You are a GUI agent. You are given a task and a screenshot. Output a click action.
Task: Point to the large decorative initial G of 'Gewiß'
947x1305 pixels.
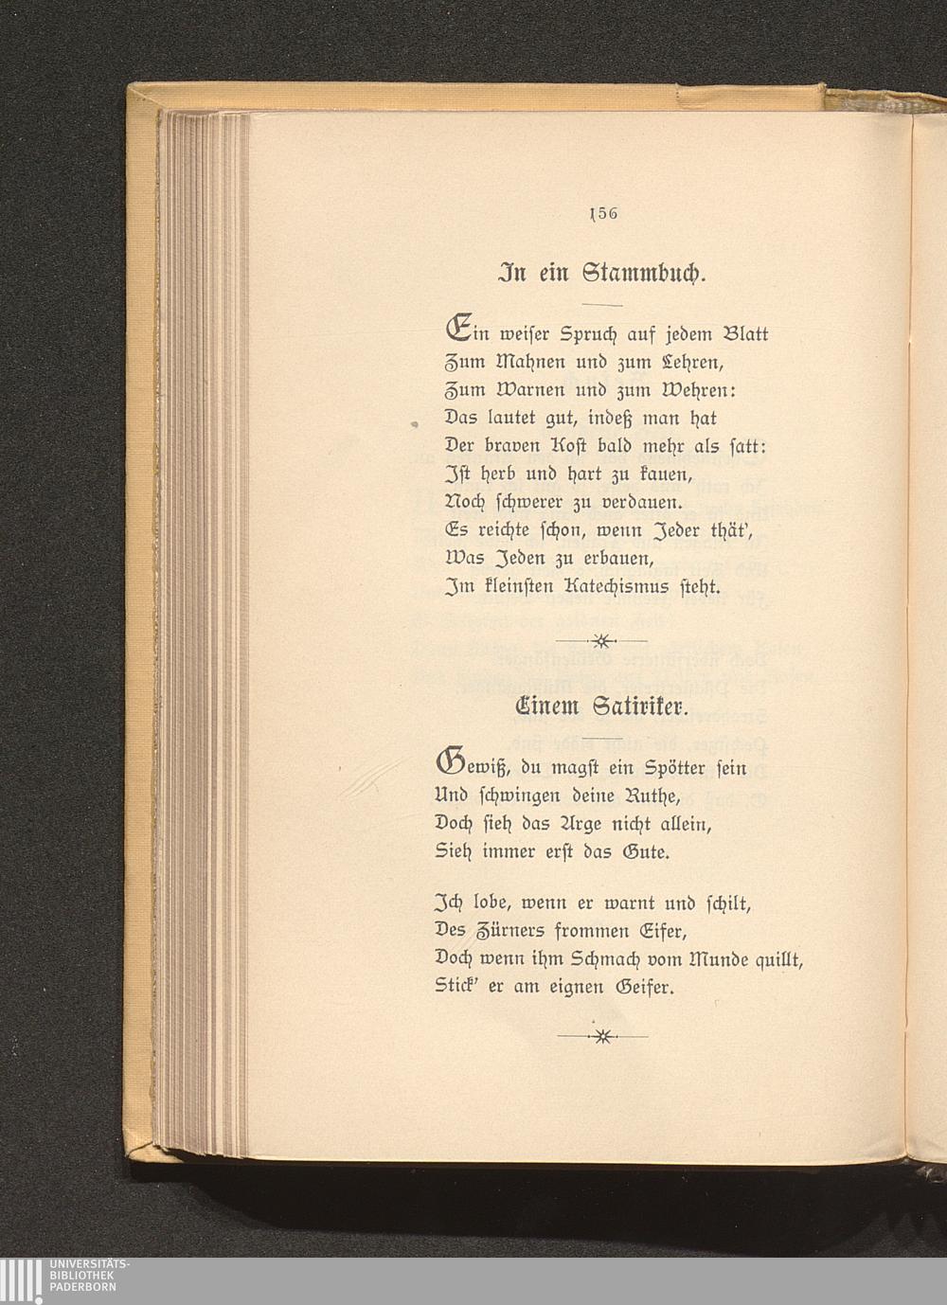pyautogui.click(x=449, y=763)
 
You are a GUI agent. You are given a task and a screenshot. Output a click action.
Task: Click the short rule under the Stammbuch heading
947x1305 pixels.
pyautogui.click(x=601, y=303)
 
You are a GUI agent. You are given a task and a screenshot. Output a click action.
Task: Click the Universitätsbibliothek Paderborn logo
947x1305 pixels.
pyautogui.click(x=66, y=1280)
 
